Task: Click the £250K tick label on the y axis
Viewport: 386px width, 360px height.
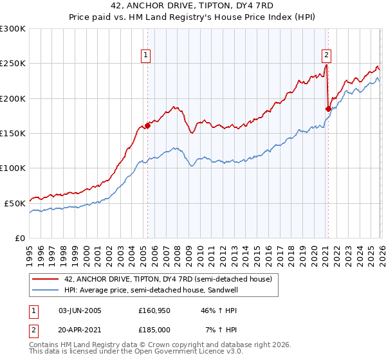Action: click(13, 64)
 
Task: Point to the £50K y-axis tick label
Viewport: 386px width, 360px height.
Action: click(15, 203)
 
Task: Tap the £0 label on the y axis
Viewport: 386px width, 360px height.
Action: click(20, 237)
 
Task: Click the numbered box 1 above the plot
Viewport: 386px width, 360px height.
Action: click(147, 56)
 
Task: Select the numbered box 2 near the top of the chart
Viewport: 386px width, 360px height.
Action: click(327, 56)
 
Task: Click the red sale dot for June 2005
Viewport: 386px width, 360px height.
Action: click(147, 126)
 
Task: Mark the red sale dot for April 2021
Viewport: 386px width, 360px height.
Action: click(327, 109)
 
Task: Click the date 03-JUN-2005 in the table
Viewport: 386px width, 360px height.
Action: click(80, 310)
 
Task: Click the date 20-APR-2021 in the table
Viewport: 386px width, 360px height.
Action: click(80, 329)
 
